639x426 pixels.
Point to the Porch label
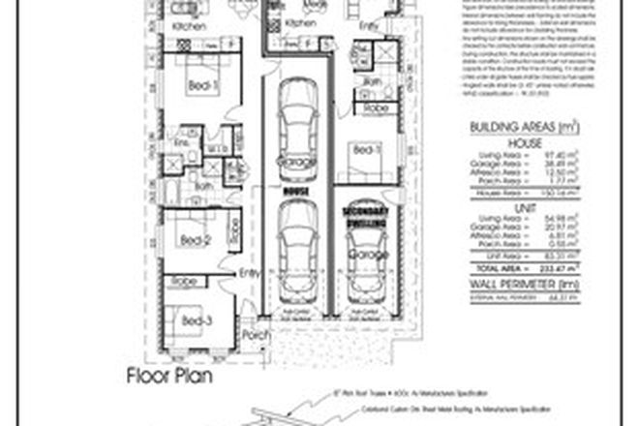click(x=253, y=335)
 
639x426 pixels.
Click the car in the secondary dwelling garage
click(x=365, y=263)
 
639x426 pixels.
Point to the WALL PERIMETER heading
click(x=528, y=285)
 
